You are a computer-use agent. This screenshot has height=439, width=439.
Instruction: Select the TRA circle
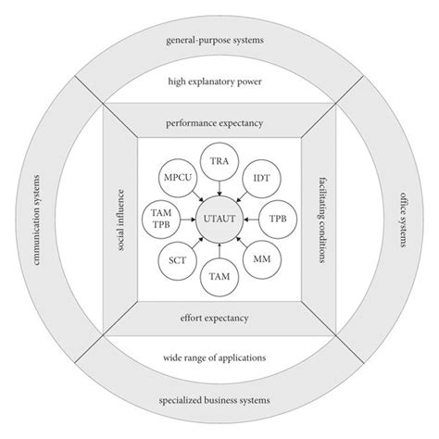219,159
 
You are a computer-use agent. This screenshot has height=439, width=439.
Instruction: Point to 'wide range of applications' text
219,356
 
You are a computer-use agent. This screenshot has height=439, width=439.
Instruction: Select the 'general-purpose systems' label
219,41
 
